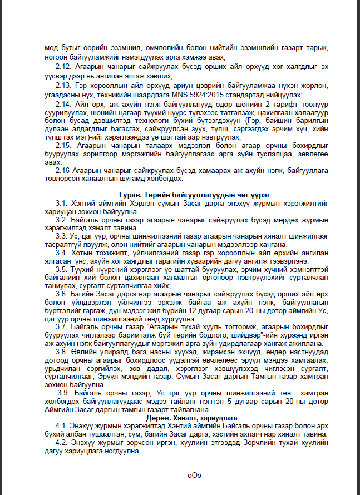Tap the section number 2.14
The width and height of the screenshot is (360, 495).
click(62, 104)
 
